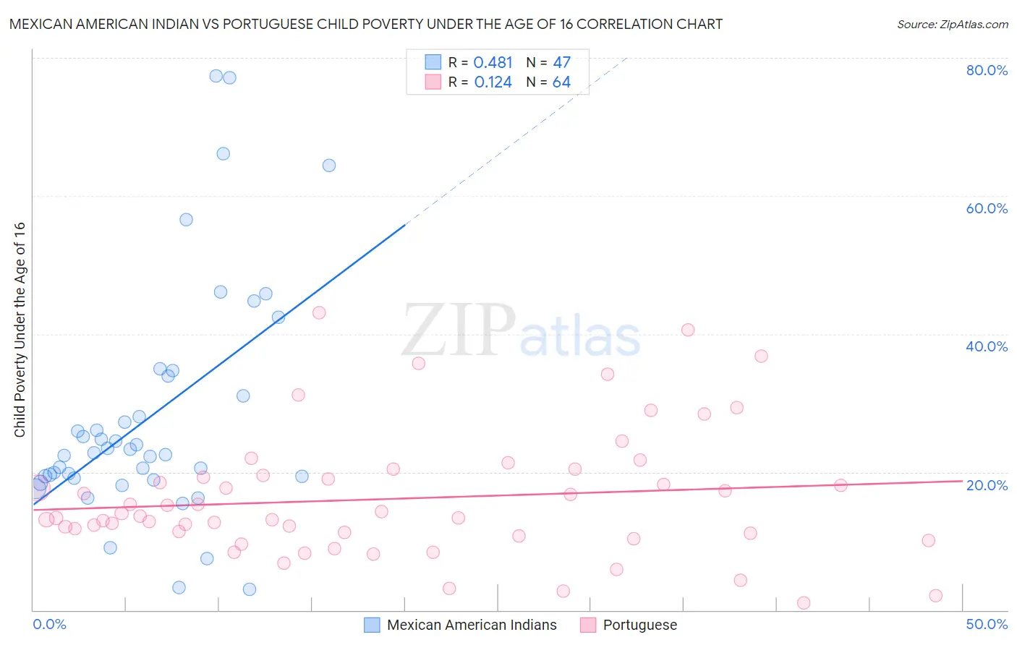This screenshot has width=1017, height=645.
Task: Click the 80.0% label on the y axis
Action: point(987,70)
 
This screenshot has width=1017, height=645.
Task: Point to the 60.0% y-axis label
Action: point(987,208)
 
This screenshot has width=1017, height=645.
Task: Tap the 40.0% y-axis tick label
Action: point(987,346)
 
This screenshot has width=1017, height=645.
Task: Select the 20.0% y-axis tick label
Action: point(987,485)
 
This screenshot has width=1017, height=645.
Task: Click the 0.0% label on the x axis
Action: point(49,624)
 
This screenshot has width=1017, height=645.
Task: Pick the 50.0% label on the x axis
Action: point(987,624)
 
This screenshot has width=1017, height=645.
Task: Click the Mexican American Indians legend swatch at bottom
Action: point(372,625)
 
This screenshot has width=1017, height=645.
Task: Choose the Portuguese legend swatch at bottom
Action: point(588,625)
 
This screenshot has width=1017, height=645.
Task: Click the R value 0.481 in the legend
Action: point(493,63)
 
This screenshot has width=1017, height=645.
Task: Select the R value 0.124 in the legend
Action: point(493,82)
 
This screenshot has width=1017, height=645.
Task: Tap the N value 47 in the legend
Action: point(561,63)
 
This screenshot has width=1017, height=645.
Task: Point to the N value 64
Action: point(561,82)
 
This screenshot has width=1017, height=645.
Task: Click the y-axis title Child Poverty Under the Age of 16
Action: point(20,329)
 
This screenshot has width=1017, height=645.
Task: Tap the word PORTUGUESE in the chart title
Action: point(270,25)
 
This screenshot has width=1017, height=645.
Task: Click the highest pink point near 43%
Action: point(319,313)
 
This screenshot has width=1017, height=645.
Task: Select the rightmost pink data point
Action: point(935,596)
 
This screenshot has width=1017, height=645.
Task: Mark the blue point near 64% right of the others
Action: point(329,166)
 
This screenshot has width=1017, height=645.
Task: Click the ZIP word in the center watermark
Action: point(459,330)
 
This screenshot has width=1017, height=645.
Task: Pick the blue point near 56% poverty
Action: point(186,220)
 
